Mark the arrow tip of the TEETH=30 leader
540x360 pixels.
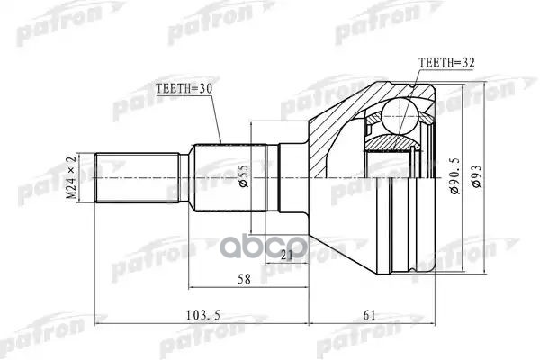(220, 145)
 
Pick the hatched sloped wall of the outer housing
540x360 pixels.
(333, 126)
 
